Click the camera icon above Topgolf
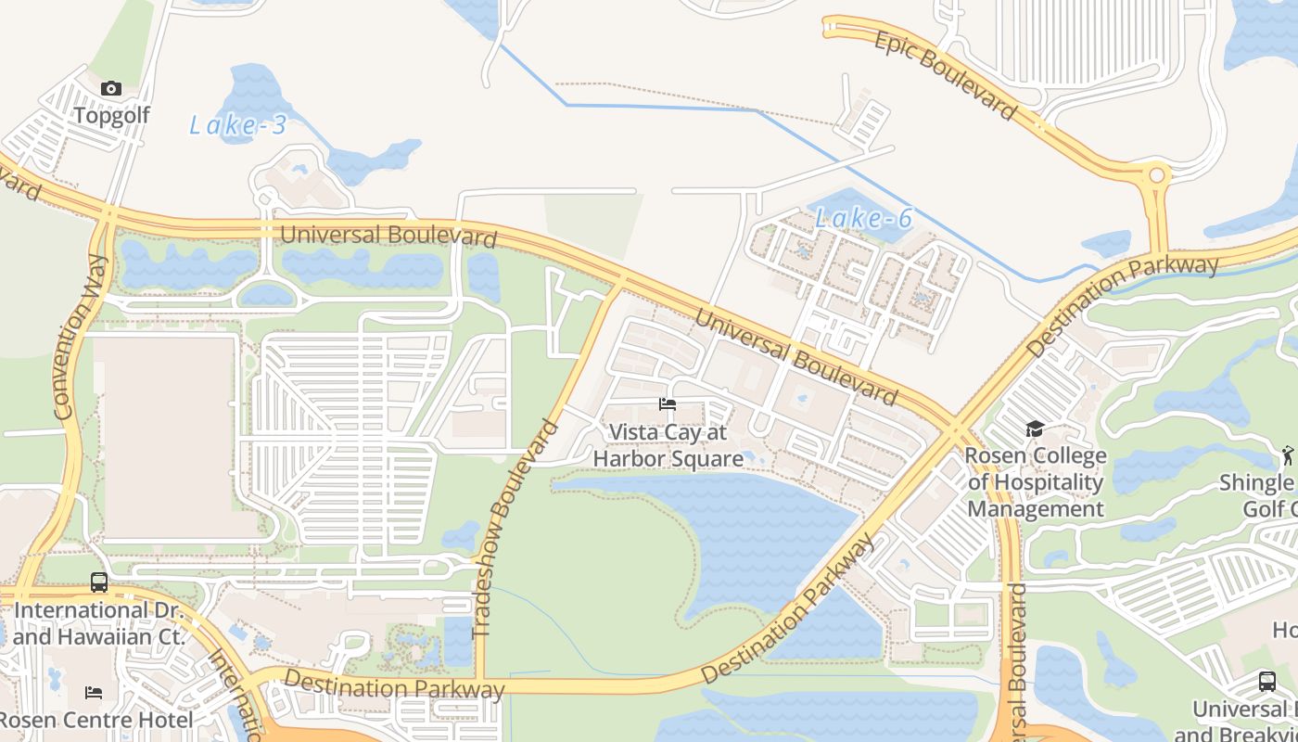click(111, 89)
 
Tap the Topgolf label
click(111, 116)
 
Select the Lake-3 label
click(238, 125)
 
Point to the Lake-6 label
click(864, 219)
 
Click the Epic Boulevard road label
click(945, 75)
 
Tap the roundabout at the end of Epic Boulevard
click(1156, 175)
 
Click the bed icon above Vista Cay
click(667, 404)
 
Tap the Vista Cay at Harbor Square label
click(668, 446)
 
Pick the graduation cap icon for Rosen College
click(1035, 429)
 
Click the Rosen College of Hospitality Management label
click(1036, 482)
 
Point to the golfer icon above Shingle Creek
click(1287, 454)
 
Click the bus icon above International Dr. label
click(99, 582)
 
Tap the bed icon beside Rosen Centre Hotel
click(94, 693)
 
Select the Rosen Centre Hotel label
click(96, 720)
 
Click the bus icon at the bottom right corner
click(1266, 682)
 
